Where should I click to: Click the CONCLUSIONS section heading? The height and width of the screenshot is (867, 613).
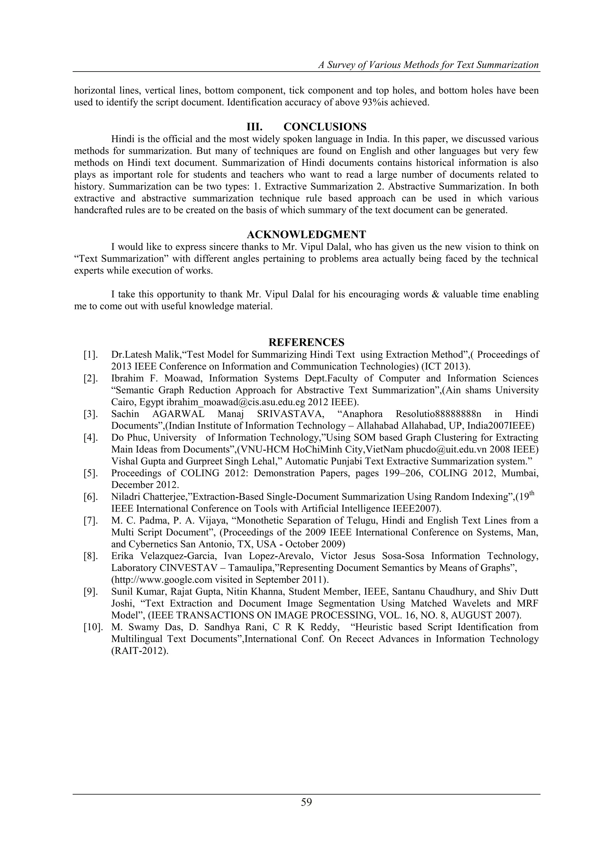[325, 127]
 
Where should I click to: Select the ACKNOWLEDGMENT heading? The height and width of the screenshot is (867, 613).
[306, 234]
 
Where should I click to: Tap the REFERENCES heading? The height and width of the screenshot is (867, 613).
[306, 342]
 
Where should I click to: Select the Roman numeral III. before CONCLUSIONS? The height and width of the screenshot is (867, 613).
[254, 127]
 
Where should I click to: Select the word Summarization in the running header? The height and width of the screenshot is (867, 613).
[507, 65]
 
